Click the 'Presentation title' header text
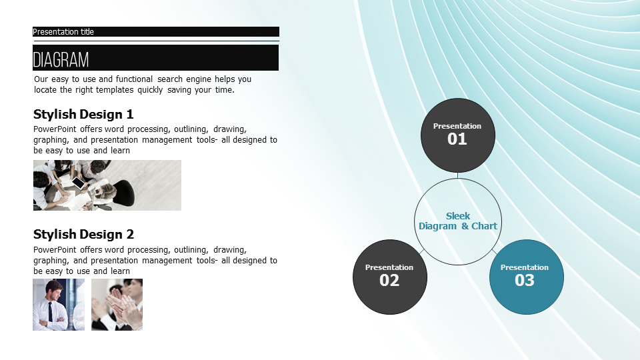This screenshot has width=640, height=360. point(63,32)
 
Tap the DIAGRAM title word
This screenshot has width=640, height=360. point(61,60)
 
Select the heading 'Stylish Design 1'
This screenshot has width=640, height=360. point(83,114)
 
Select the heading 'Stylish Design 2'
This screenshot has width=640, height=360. point(83,234)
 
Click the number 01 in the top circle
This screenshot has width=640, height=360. point(457,139)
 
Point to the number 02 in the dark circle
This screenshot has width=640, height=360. point(389,281)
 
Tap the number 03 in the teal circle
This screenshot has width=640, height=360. point(525,281)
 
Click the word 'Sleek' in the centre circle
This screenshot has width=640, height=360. point(458,216)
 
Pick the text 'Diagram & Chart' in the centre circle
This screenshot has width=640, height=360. point(458,226)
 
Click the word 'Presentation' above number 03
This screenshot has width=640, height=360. point(525,267)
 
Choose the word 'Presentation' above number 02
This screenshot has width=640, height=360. point(389,267)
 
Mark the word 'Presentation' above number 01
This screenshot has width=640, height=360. point(457,126)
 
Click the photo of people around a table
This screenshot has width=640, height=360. point(107,185)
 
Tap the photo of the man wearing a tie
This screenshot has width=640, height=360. point(59,305)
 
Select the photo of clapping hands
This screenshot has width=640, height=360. point(117,305)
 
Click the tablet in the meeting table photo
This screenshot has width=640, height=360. point(79,183)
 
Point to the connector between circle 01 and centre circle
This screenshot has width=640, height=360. point(457,175)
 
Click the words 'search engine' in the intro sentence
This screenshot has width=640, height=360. point(182,79)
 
